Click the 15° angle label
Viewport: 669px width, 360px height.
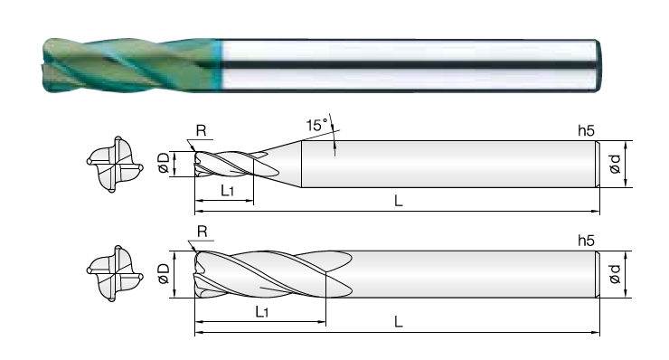click(316, 125)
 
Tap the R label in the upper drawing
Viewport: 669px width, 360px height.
click(201, 130)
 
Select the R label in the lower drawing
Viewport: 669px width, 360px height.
click(203, 232)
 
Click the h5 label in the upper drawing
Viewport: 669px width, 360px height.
click(586, 130)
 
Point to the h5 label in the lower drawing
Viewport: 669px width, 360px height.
click(586, 241)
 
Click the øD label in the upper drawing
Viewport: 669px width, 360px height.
click(164, 163)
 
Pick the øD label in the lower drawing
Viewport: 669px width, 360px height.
click(164, 273)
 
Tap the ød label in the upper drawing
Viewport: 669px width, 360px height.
click(615, 164)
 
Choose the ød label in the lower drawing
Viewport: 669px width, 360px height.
click(615, 274)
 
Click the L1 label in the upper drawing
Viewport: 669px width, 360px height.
click(228, 191)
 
